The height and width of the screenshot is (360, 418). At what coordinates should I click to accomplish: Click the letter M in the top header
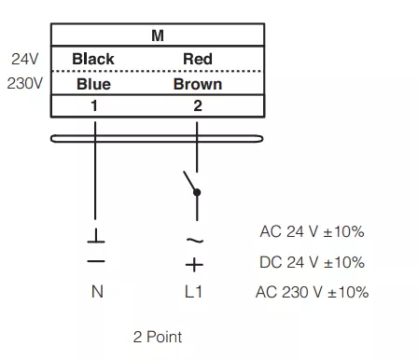[x=158, y=35]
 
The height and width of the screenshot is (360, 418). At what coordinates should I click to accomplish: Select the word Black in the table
[x=93, y=59]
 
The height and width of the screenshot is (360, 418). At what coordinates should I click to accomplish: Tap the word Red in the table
[x=198, y=59]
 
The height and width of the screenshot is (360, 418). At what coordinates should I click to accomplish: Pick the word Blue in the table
[x=93, y=84]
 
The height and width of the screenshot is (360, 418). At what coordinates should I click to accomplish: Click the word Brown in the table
[x=198, y=84]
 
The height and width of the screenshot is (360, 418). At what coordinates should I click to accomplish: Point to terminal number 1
[x=94, y=105]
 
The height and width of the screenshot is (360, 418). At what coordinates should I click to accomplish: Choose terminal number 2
[x=198, y=105]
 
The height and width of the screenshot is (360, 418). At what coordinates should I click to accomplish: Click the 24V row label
[x=25, y=59]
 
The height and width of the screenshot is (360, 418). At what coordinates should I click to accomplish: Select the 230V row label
[x=25, y=83]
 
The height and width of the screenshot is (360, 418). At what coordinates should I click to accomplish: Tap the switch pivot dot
[x=197, y=192]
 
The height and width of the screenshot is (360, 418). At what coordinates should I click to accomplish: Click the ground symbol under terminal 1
[x=96, y=236]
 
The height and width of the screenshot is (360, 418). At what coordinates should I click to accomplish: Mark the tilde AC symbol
[x=195, y=240]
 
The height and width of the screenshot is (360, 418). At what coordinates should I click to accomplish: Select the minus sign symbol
[x=96, y=261]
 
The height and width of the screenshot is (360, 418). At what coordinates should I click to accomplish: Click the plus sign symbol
[x=194, y=265]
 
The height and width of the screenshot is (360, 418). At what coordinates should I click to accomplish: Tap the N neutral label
[x=97, y=292]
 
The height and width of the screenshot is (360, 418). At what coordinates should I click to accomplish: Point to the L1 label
[x=193, y=292]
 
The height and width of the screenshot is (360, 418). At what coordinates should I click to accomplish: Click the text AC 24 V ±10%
[x=312, y=231]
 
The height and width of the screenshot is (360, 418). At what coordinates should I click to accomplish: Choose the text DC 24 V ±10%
[x=312, y=262]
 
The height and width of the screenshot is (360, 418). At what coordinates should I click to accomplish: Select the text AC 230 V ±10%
[x=312, y=292]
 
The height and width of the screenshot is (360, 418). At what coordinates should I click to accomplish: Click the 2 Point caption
[x=158, y=337]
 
